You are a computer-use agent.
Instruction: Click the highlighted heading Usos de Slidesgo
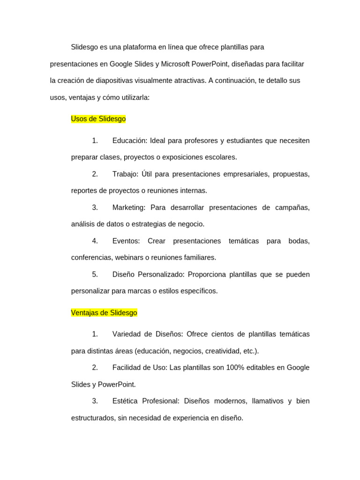pos(98,119)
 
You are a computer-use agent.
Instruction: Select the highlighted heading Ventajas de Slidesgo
pos(104,313)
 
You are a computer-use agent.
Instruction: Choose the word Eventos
pos(126,241)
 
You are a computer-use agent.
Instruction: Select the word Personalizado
pos(159,274)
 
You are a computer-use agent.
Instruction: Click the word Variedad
pos(126,334)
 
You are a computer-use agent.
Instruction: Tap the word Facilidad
pos(127,367)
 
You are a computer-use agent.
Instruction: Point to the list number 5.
pos(95,274)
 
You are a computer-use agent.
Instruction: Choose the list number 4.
pos(95,241)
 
